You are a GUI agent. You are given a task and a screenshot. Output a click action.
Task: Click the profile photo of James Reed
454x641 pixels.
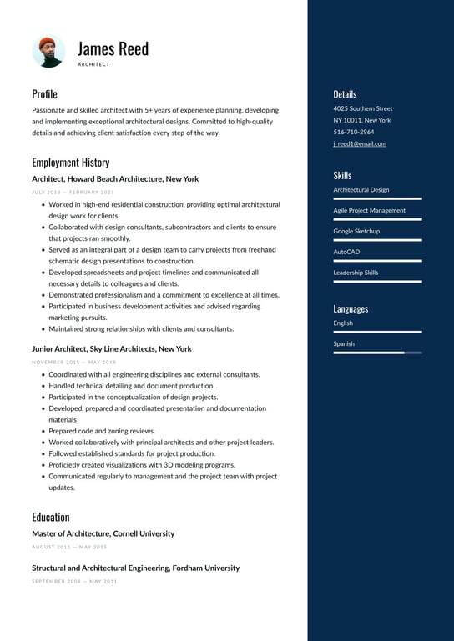tap(48, 51)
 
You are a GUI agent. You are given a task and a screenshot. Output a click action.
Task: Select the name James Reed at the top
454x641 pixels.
tap(113, 48)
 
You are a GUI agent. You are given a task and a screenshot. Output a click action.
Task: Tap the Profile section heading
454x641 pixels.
tap(44, 94)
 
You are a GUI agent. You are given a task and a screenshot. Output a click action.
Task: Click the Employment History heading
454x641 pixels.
tap(70, 163)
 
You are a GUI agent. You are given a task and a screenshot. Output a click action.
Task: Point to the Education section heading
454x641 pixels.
tap(51, 517)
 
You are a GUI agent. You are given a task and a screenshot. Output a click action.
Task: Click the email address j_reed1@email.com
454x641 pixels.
tap(360, 143)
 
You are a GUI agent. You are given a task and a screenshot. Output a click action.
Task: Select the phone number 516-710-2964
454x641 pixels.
tap(354, 132)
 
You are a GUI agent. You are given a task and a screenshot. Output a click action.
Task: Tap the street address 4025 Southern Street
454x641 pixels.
tap(363, 108)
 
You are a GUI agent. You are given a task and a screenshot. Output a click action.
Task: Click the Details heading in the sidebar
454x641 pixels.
tap(345, 94)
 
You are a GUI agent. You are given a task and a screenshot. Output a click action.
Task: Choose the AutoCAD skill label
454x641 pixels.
tap(346, 252)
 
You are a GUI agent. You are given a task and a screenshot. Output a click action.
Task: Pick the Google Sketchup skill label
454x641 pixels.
tap(356, 231)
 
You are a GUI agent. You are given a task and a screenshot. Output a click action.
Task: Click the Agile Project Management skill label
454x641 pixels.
tap(369, 210)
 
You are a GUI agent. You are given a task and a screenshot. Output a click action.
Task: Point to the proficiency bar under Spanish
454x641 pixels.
tap(377, 353)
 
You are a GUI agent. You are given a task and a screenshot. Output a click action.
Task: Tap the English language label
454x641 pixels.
tap(343, 323)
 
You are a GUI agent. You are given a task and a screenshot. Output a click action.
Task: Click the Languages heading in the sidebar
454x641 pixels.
tap(351, 308)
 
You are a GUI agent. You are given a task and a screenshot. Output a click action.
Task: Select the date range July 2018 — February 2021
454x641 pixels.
tap(73, 192)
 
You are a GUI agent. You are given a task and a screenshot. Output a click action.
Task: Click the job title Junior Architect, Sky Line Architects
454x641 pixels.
tap(112, 348)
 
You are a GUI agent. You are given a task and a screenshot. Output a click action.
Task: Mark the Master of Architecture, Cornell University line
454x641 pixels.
tap(103, 533)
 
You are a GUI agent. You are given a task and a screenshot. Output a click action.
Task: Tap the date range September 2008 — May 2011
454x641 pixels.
tap(74, 581)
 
